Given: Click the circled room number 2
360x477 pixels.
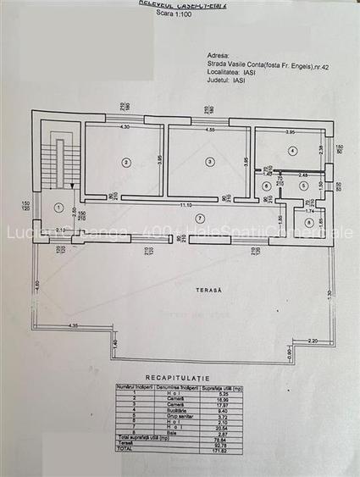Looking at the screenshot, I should tap(125, 162).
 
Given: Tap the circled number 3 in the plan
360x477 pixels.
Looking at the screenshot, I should tap(209, 162).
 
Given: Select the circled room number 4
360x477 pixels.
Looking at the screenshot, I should tap(291, 151).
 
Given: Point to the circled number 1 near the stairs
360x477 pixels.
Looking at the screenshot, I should tap(58, 208).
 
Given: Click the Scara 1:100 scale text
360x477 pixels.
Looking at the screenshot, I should tap(180, 14).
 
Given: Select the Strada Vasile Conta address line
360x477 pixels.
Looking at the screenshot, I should tap(271, 61).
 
